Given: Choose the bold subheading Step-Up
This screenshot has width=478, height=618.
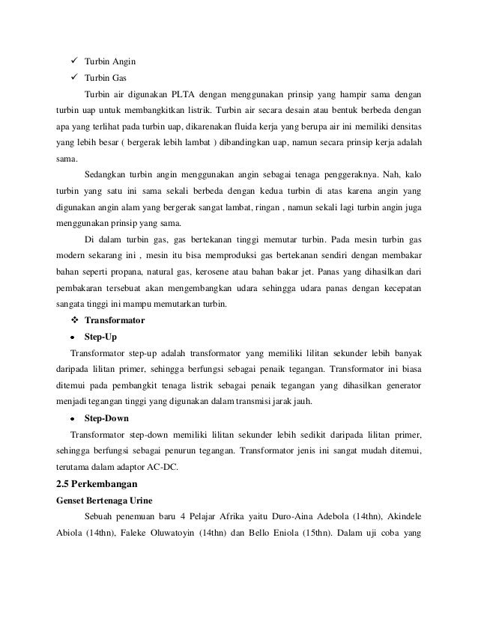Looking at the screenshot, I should pyautogui.click(x=100, y=337).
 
